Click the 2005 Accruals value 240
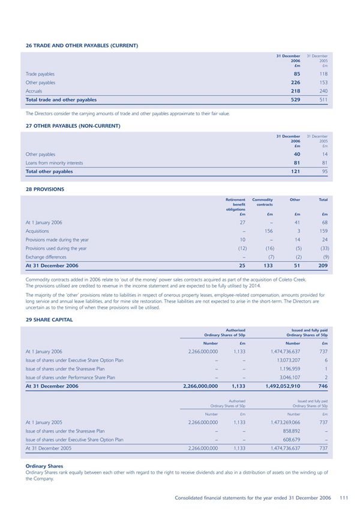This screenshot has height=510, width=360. click(323, 91)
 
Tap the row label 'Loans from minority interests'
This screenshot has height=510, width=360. click(54, 163)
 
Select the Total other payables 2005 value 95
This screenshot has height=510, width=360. click(324, 171)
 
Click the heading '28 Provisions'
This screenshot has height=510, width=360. click(44, 189)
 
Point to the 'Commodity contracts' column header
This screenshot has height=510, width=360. click(263, 202)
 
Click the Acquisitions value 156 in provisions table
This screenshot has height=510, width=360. click(269, 230)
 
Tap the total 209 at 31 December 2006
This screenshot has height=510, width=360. click(322, 265)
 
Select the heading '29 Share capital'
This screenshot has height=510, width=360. click(49, 320)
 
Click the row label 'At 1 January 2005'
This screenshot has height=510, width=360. click(44, 422)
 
